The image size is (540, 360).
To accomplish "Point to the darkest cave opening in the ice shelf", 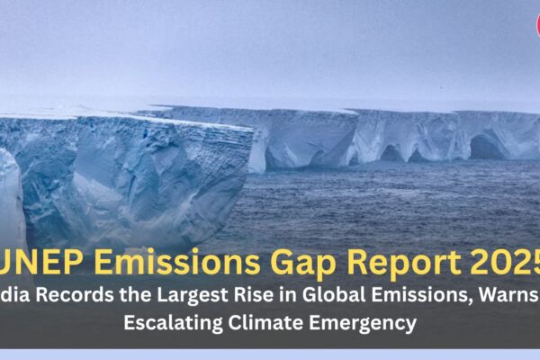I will pos(486,148).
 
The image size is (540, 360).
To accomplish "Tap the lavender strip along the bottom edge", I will pos(270,355).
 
